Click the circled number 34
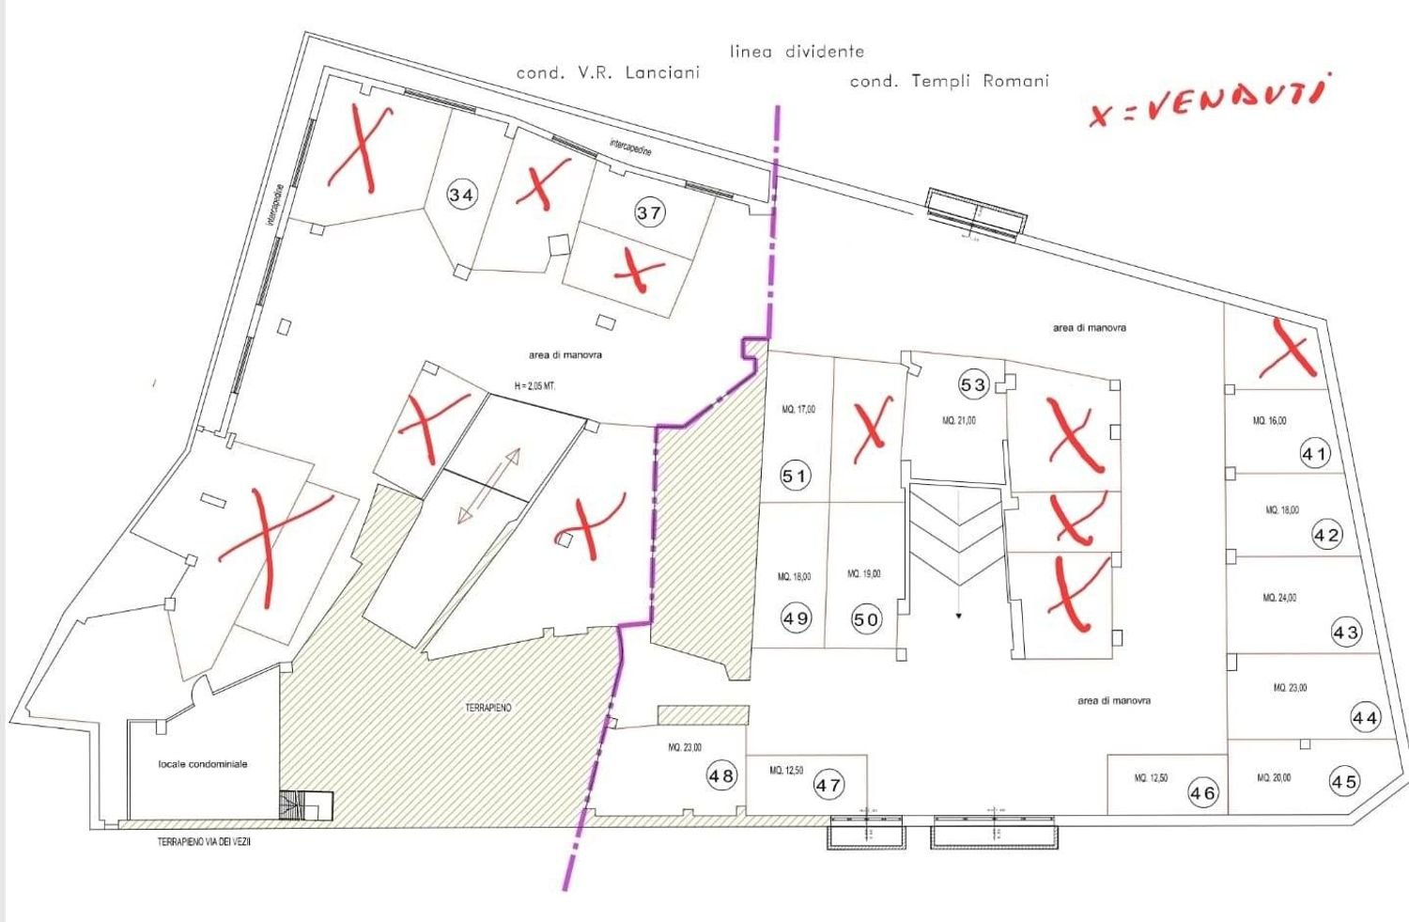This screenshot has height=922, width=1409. pyautogui.click(x=461, y=195)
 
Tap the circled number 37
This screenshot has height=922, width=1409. pyautogui.click(x=649, y=212)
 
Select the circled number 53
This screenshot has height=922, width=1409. pyautogui.click(x=973, y=384)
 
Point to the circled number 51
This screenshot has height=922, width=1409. pyautogui.click(x=795, y=477)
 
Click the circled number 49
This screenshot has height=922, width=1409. pyautogui.click(x=796, y=618)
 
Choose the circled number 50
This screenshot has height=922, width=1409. pyautogui.click(x=866, y=619)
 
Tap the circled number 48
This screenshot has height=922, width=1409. pyautogui.click(x=721, y=776)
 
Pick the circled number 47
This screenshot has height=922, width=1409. pyautogui.click(x=828, y=785)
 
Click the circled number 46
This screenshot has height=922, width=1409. pyautogui.click(x=1202, y=792)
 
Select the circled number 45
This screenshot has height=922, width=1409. pyautogui.click(x=1344, y=781)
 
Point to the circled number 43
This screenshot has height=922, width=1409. pyautogui.click(x=1346, y=633)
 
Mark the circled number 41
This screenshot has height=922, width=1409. pyautogui.click(x=1315, y=455)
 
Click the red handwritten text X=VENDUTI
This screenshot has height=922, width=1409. pyautogui.click(x=1206, y=102)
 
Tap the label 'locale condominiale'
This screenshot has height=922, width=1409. pyautogui.click(x=203, y=764)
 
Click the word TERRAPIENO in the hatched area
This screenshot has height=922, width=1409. pyautogui.click(x=488, y=707)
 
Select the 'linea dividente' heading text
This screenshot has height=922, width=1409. pyautogui.click(x=797, y=52)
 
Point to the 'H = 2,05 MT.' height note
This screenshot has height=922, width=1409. pyautogui.click(x=534, y=386)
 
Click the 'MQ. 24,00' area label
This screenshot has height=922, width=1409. pyautogui.click(x=1280, y=598)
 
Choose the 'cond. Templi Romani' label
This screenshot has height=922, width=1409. pyautogui.click(x=949, y=81)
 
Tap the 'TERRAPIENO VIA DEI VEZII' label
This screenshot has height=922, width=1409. pyautogui.click(x=204, y=842)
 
